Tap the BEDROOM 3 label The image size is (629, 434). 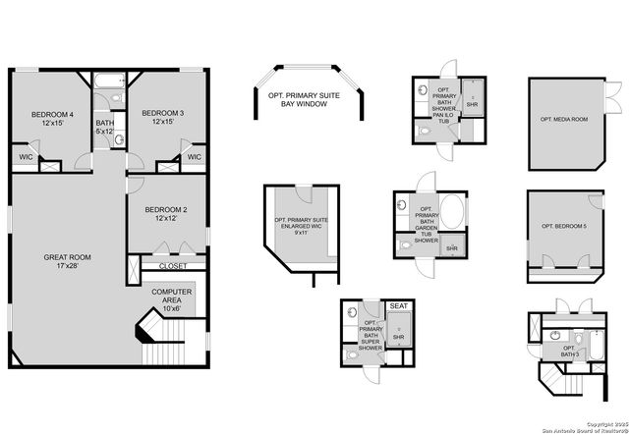[x=158, y=118]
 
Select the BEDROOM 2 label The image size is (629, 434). [x=166, y=214]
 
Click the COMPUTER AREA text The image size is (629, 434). [x=172, y=298]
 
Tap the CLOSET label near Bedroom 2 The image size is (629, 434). [x=173, y=265]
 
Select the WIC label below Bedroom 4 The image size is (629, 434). [x=25, y=157]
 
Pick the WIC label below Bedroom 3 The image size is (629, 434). [x=194, y=157]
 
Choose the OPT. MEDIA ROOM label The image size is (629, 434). [x=564, y=119]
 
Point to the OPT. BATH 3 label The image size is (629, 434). [x=567, y=351]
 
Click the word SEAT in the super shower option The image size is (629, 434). [x=399, y=307]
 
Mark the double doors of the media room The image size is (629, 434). [x=615, y=99]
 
